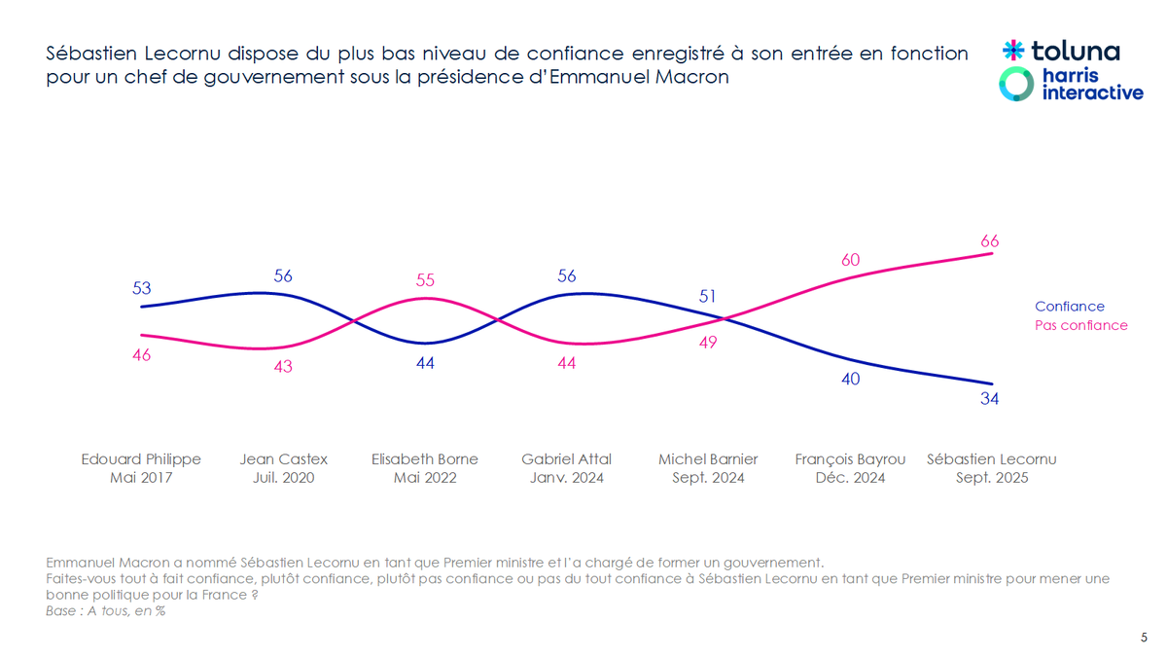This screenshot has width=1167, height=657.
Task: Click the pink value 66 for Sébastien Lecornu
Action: click(990, 241)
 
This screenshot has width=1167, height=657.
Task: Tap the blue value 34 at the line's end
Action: click(990, 398)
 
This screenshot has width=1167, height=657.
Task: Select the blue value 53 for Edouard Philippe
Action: click(141, 288)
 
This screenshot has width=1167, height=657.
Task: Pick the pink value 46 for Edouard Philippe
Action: click(141, 355)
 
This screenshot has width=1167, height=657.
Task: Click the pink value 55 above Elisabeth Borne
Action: click(424, 279)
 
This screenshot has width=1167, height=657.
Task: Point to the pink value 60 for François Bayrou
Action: click(850, 260)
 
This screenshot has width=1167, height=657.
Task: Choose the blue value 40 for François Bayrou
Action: click(850, 379)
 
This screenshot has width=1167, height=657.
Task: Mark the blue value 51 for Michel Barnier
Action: click(708, 296)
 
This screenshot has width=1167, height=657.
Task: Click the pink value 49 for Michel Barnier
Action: click(708, 343)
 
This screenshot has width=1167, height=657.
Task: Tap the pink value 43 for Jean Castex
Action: click(283, 367)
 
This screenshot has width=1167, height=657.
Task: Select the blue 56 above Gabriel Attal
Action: click(566, 275)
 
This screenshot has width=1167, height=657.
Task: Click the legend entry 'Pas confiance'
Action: click(1080, 325)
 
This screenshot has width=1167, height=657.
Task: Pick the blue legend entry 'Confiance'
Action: click(1069, 306)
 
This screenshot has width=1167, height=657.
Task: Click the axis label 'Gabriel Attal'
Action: click(566, 458)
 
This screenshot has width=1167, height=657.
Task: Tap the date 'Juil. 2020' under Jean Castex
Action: click(283, 478)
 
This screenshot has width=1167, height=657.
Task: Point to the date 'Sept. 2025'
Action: click(991, 478)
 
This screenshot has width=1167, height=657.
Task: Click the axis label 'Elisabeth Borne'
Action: click(424, 458)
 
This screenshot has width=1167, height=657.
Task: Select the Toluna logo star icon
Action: click(1013, 50)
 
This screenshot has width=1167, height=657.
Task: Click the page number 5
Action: click(1144, 638)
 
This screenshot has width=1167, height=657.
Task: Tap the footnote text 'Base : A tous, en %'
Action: click(105, 611)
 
